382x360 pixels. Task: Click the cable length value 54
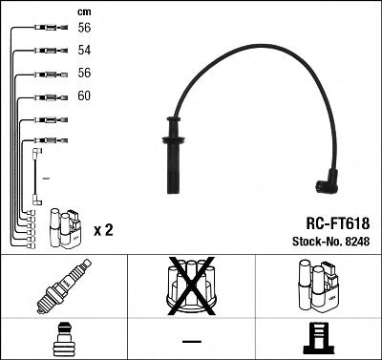[x=83, y=50]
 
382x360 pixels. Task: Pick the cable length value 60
[x=83, y=96]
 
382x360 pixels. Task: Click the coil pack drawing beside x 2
[x=63, y=228]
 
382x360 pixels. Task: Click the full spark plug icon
[x=64, y=286]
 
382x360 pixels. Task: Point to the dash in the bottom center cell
[x=191, y=340]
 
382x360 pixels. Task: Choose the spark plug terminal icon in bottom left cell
[x=63, y=339]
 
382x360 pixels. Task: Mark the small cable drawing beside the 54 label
[x=48, y=51]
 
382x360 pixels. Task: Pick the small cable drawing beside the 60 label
[x=48, y=96]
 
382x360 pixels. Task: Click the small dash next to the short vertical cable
[x=46, y=180]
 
